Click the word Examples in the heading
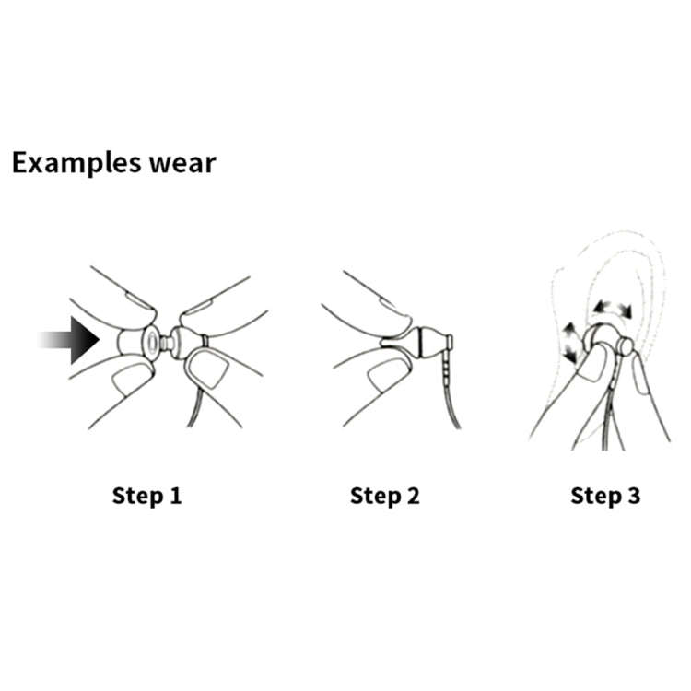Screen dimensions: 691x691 (x=76, y=163)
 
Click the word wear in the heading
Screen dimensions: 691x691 (x=182, y=164)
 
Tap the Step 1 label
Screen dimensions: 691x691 (x=146, y=496)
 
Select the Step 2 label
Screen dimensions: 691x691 (x=385, y=496)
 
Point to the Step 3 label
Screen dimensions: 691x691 (x=605, y=496)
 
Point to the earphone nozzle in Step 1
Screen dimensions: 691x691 (x=165, y=343)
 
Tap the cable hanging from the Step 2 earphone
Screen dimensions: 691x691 (x=451, y=388)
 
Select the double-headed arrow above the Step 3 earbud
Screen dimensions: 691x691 (x=612, y=309)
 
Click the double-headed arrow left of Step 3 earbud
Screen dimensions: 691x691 (x=569, y=342)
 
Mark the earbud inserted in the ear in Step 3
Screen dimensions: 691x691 (x=607, y=343)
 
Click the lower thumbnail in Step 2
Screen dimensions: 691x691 (x=388, y=374)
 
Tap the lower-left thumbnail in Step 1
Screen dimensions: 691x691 (x=132, y=378)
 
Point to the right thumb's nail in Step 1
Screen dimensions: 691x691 (x=208, y=369)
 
